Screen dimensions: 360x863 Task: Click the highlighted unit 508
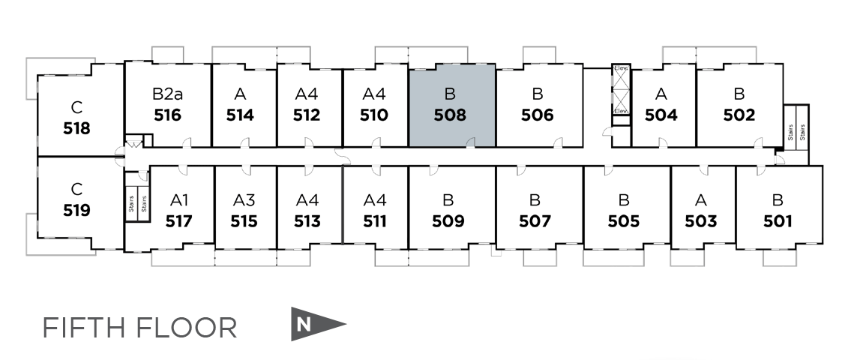[x=451, y=105]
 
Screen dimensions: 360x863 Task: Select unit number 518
[x=76, y=128]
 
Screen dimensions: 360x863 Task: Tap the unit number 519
[x=76, y=211]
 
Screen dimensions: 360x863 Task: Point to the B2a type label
[x=167, y=94]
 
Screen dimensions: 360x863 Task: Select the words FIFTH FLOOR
[x=139, y=328]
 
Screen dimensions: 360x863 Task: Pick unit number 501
[x=778, y=221]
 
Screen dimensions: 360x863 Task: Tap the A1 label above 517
[x=179, y=200]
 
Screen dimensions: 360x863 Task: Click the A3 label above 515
[x=244, y=200]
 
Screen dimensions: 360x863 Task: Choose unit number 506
[x=537, y=115]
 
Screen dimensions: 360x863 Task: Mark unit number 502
[x=739, y=115]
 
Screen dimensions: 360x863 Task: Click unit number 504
[x=661, y=115]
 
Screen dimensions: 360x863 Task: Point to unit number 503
[x=700, y=221]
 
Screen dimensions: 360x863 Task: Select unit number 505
[x=623, y=221]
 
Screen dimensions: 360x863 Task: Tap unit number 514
[x=240, y=115]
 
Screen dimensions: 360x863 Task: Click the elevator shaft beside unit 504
[x=621, y=90]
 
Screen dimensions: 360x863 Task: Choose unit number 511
[x=374, y=221]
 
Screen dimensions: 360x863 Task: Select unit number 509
[x=448, y=221]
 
